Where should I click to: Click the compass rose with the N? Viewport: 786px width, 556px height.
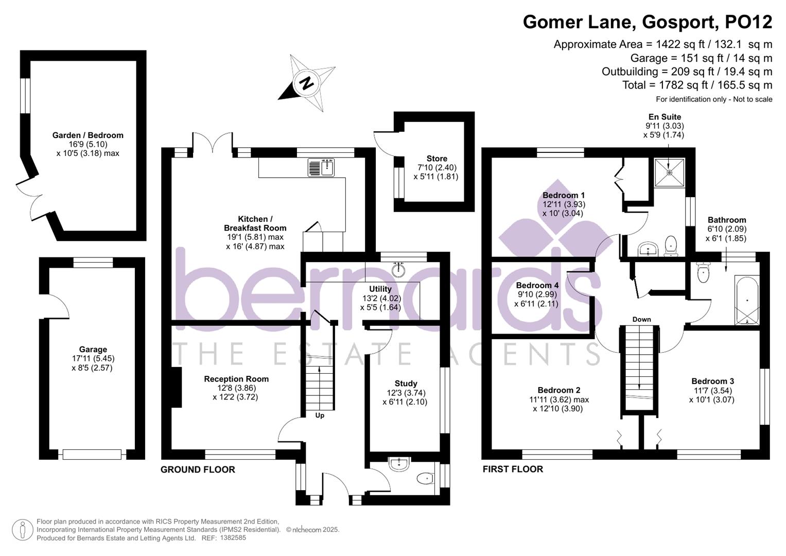click(308, 83)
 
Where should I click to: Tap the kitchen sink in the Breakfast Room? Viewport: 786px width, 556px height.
click(321, 167)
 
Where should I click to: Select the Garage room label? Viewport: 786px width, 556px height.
click(93, 350)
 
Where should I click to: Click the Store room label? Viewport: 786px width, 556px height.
click(436, 159)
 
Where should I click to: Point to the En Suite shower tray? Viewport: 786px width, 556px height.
click(670, 172)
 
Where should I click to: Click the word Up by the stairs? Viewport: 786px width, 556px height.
click(320, 415)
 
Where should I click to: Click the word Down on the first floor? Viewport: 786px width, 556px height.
click(641, 319)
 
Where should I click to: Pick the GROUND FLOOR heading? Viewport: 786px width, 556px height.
click(198, 470)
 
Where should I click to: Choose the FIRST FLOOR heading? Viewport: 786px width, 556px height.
click(513, 469)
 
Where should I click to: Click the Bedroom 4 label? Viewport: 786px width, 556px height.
click(537, 285)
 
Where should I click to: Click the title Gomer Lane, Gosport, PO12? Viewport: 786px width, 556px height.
click(648, 22)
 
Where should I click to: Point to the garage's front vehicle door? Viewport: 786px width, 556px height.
click(92, 455)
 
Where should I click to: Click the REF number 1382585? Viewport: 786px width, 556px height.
click(233, 538)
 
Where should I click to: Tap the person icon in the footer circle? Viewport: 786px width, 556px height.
click(22, 530)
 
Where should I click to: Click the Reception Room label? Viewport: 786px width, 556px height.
click(236, 379)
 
